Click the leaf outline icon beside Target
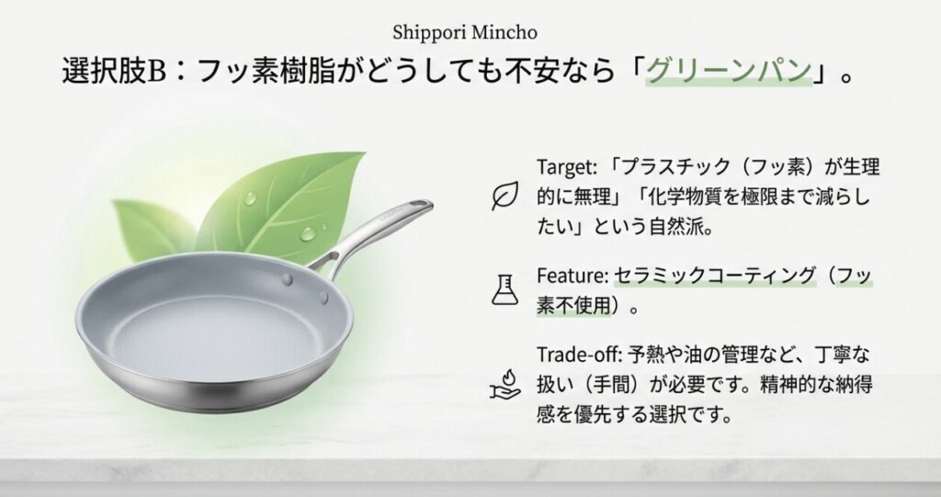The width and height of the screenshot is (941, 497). (504, 197)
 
